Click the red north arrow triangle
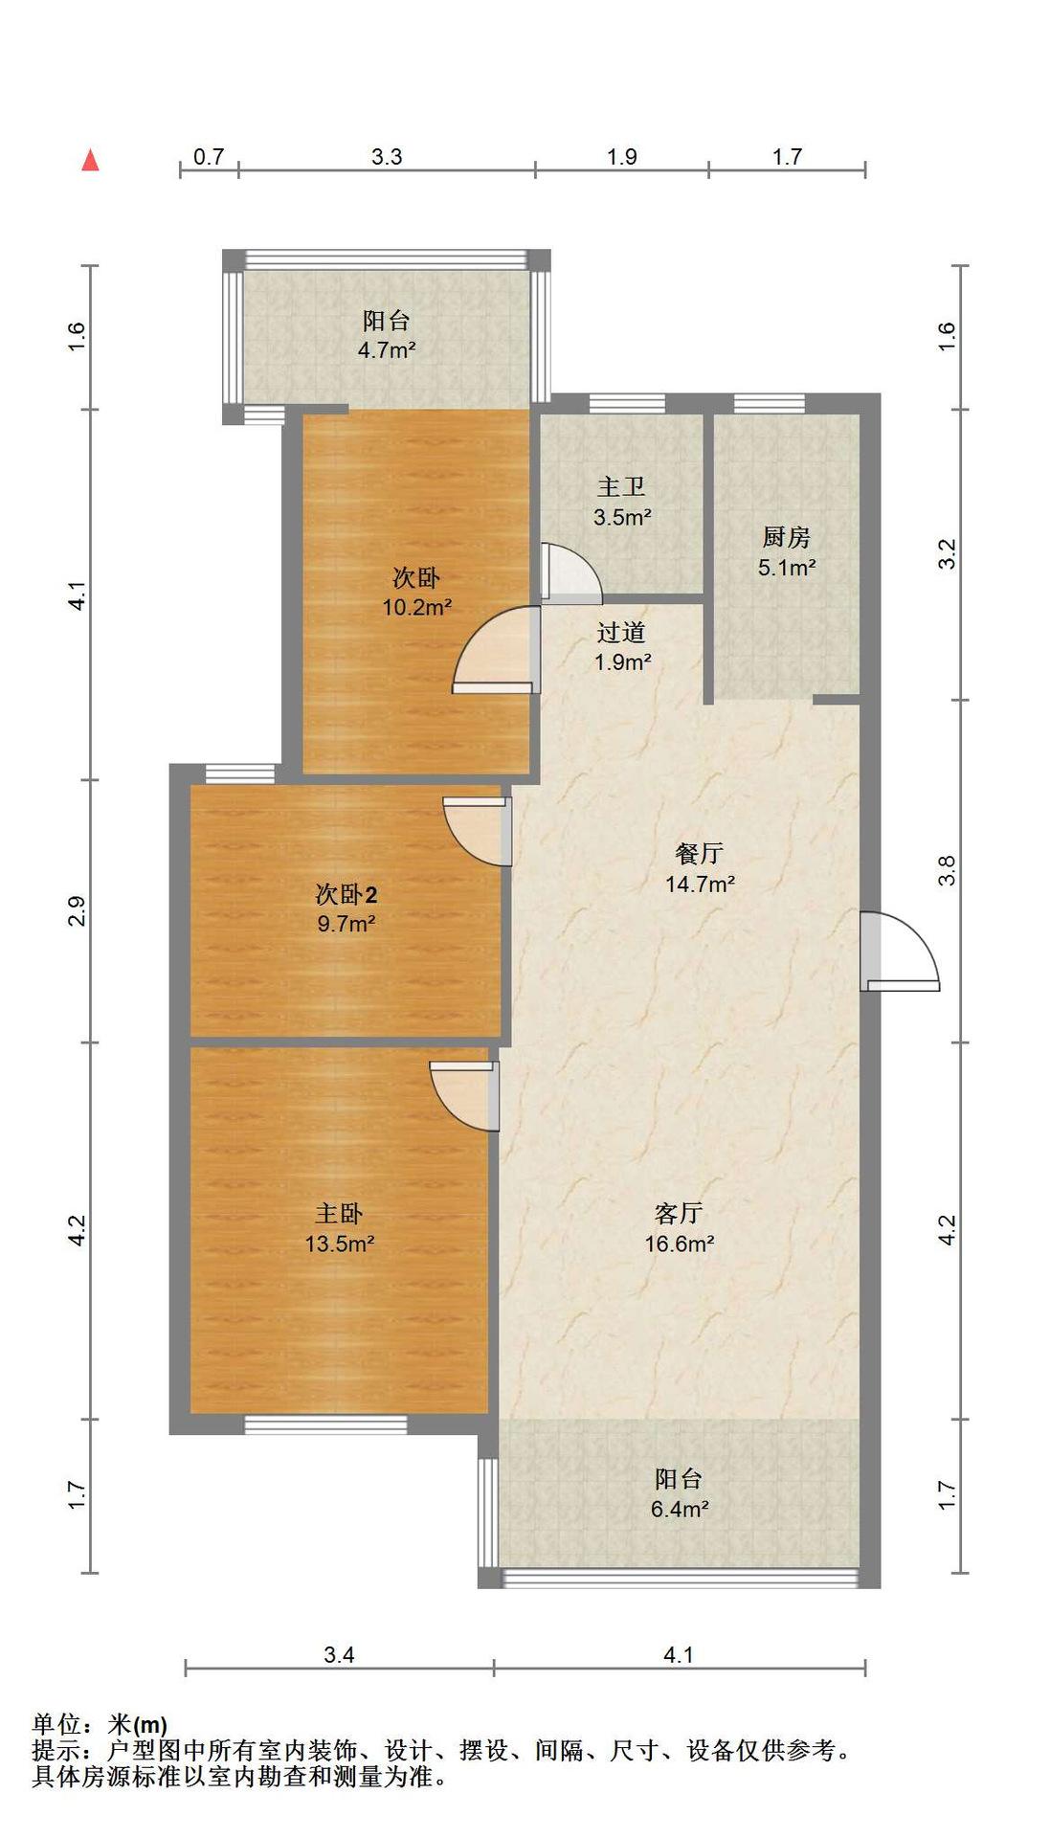click(x=90, y=160)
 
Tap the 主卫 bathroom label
click(x=621, y=487)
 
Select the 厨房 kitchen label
click(x=786, y=537)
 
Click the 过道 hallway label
click(x=621, y=632)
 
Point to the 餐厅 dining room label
click(x=699, y=853)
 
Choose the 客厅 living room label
click(x=679, y=1214)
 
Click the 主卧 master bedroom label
click(x=339, y=1214)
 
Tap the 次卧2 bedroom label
click(x=346, y=894)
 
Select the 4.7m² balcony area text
click(x=387, y=350)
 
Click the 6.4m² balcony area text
click(x=680, y=1509)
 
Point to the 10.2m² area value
click(x=417, y=607)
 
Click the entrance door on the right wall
click(x=899, y=952)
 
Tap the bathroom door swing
click(x=570, y=573)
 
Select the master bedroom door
click(x=464, y=1096)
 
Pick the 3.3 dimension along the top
click(x=387, y=156)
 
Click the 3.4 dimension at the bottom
click(x=339, y=1654)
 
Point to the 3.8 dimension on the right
click(x=947, y=870)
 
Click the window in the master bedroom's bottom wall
click(x=325, y=1425)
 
